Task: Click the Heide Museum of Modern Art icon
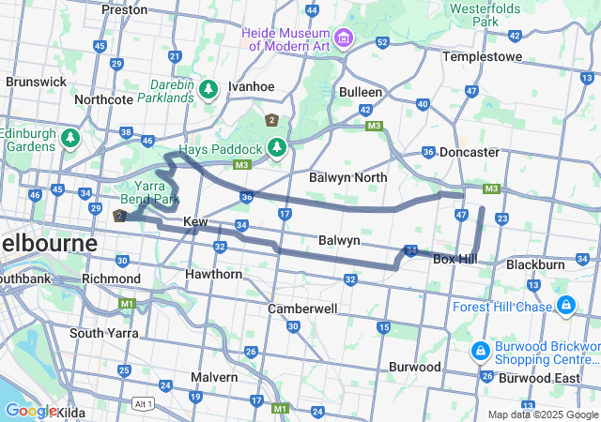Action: tap(343, 38)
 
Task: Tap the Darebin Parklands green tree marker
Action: tap(208, 89)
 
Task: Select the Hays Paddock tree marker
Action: tap(277, 148)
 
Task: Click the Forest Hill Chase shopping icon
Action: tap(566, 306)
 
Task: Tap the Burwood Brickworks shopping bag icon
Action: tap(480, 351)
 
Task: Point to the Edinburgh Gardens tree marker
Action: tap(69, 139)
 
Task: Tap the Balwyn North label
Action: tap(347, 176)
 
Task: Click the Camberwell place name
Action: tap(302, 309)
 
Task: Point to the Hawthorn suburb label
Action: tap(213, 274)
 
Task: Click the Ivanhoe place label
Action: tap(251, 86)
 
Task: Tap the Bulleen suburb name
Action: tap(361, 92)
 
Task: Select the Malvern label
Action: tap(214, 377)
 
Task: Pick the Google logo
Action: tap(30, 411)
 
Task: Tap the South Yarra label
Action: tap(104, 333)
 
